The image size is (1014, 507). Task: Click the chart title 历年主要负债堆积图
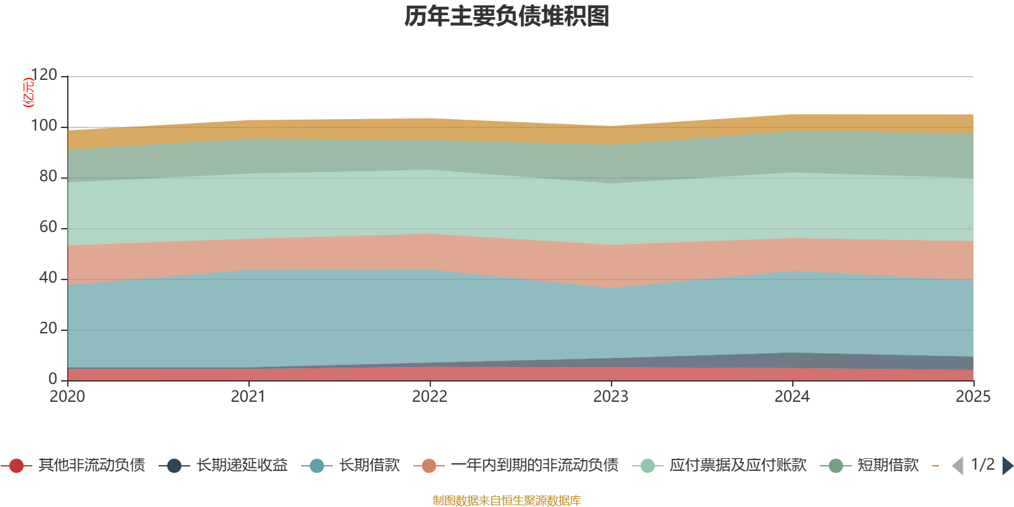click(506, 16)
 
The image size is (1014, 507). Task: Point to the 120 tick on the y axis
click(44, 75)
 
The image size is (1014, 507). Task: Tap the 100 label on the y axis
click(44, 125)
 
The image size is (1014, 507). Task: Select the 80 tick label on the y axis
click(48, 176)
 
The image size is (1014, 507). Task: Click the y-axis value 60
click(48, 227)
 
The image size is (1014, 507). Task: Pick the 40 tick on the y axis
click(48, 278)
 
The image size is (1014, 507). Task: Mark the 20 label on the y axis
click(48, 328)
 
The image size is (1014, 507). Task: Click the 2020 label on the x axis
click(67, 397)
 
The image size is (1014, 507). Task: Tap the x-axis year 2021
click(248, 397)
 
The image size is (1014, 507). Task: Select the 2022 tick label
click(430, 397)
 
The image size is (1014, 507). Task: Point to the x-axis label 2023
click(611, 397)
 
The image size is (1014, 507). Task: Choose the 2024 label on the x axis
click(792, 397)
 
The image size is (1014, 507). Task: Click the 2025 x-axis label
click(973, 397)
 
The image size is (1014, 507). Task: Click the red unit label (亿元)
click(29, 93)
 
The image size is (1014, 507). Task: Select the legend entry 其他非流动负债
click(91, 465)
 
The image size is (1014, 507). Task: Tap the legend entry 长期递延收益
click(242, 465)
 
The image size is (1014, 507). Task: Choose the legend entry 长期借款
click(369, 465)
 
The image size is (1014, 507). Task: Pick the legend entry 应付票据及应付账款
click(738, 465)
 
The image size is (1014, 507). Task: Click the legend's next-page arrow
click(1008, 465)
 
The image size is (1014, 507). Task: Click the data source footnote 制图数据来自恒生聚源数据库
click(506, 500)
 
